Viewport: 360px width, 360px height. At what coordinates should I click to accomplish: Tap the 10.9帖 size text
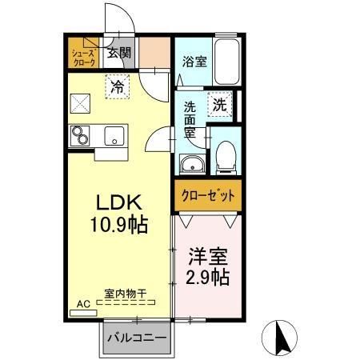pyautogui.click(x=121, y=224)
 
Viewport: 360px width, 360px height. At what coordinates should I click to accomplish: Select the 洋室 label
pyautogui.click(x=208, y=258)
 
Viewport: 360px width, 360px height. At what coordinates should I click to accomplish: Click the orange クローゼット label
pyautogui.click(x=206, y=195)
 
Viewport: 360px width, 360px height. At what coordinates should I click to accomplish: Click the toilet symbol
pyautogui.click(x=226, y=158)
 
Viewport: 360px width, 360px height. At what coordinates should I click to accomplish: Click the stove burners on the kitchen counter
pyautogui.click(x=81, y=137)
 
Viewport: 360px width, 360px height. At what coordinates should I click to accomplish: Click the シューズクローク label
pyautogui.click(x=83, y=55)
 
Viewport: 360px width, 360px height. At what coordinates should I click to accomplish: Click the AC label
pyautogui.click(x=82, y=304)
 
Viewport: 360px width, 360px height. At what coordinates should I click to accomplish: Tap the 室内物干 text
pyautogui.click(x=126, y=294)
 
